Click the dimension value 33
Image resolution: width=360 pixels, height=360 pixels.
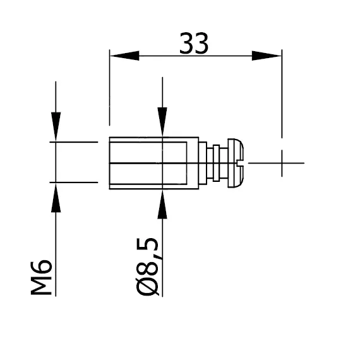click(x=194, y=44)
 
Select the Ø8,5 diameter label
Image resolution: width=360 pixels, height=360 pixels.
click(x=148, y=265)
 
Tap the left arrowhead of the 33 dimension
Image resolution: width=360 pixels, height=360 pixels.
click(x=124, y=56)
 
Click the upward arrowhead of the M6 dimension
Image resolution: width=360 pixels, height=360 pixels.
click(x=56, y=198)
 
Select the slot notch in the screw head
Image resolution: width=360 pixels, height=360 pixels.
click(x=239, y=164)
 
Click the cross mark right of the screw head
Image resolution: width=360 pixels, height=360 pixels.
click(x=282, y=163)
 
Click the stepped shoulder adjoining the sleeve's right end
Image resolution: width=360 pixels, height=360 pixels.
click(x=203, y=163)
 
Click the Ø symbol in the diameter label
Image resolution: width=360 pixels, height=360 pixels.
click(x=148, y=287)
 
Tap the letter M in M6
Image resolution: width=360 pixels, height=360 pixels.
click(x=42, y=286)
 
